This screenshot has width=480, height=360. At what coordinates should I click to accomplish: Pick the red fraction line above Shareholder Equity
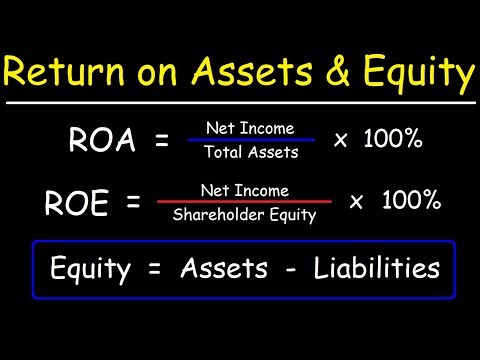pyautogui.click(x=244, y=201)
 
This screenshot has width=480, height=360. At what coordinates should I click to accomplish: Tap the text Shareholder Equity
pyautogui.click(x=244, y=214)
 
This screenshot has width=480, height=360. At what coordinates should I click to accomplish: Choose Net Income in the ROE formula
pyautogui.click(x=244, y=189)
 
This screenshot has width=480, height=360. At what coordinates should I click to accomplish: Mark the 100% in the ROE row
pyautogui.click(x=411, y=201)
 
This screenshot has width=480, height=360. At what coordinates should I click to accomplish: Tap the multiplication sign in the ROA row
pyautogui.click(x=341, y=141)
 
